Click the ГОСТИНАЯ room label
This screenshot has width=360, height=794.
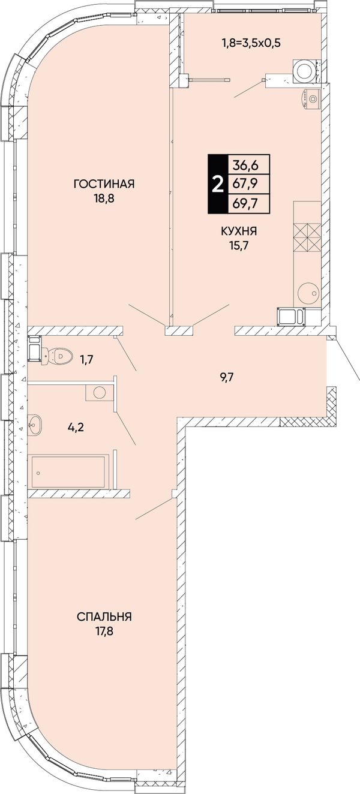(x=104, y=184)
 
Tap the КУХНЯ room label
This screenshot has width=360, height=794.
(x=239, y=231)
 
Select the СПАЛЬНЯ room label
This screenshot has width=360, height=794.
(x=104, y=617)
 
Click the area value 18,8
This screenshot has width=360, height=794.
(x=104, y=198)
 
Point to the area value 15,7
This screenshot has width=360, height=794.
(x=238, y=246)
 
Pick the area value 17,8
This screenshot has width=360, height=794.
(x=104, y=631)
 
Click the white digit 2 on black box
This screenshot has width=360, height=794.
(x=217, y=184)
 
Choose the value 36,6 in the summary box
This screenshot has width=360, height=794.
(x=245, y=165)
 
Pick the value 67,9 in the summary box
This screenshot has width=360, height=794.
(x=245, y=184)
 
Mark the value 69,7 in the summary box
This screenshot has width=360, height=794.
(x=245, y=203)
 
